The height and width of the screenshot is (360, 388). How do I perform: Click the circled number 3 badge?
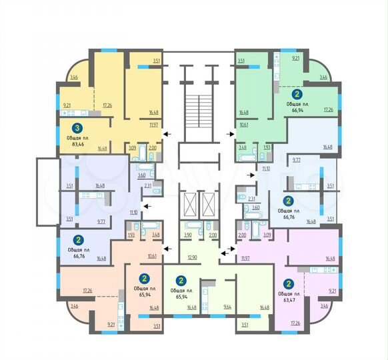click(x=78, y=129)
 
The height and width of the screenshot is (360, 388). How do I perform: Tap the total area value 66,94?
click(x=297, y=110)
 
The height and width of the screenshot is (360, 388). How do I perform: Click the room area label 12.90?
click(x=194, y=257)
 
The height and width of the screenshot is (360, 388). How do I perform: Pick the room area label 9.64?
click(x=227, y=307)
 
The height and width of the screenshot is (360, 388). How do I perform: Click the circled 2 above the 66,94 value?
click(x=297, y=95)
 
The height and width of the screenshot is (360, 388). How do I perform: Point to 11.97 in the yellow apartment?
click(x=153, y=124)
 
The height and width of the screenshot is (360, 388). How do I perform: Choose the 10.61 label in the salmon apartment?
click(x=152, y=256)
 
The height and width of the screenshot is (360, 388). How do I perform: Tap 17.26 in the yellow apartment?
click(x=107, y=105)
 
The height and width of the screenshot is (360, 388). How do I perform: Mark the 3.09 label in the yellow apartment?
click(x=133, y=147)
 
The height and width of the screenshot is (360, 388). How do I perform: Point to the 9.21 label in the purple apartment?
click(x=333, y=291)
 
